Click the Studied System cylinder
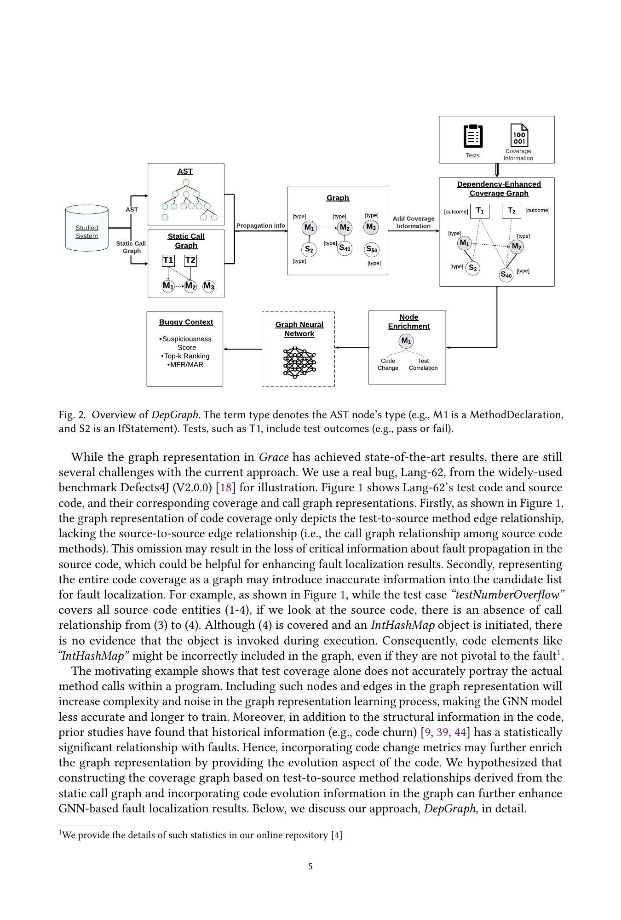click(87, 229)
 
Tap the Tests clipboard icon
click(473, 136)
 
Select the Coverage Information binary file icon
click(519, 135)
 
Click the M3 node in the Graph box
click(371, 227)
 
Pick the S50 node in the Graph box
click(371, 250)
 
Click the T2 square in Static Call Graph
click(190, 260)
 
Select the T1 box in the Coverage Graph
click(479, 211)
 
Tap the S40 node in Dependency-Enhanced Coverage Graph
click(506, 275)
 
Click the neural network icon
click(299, 362)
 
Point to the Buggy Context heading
click(186, 322)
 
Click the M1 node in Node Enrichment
click(406, 341)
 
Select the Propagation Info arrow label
click(260, 225)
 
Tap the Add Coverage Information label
click(414, 222)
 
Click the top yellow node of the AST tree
click(186, 183)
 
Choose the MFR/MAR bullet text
click(186, 364)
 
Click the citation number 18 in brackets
click(225, 488)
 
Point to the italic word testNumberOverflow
click(508, 595)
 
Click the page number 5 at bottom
click(310, 867)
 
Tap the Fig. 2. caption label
click(72, 414)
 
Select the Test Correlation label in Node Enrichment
click(423, 364)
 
